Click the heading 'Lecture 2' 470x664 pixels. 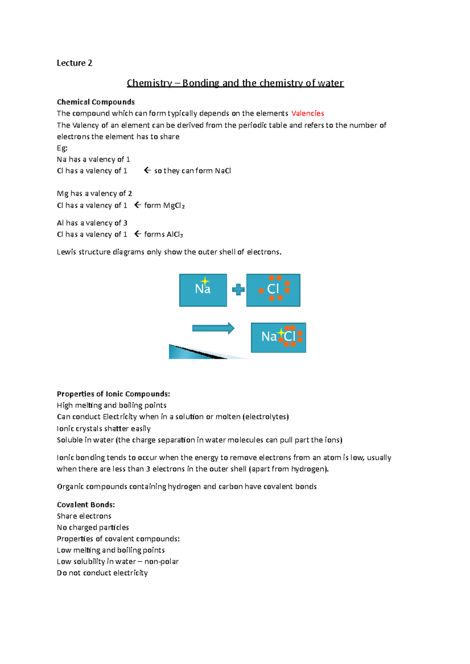click(74, 63)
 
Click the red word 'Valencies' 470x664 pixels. click(308, 113)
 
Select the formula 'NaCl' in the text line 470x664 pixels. click(223, 171)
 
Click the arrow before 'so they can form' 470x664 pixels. click(147, 170)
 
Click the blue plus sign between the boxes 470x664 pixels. click(238, 290)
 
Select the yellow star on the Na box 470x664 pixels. click(205, 281)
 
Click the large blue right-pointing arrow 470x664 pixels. click(213, 328)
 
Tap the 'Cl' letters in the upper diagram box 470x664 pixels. click(273, 289)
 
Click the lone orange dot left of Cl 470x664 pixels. click(261, 291)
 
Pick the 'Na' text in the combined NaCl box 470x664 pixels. click(269, 337)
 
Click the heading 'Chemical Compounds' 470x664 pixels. click(96, 102)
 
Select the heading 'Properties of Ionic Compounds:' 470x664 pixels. click(113, 394)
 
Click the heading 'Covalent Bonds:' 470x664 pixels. click(86, 505)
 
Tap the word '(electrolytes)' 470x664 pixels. click(266, 417)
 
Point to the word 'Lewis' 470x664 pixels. click(67, 252)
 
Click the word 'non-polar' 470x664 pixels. click(161, 562)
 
